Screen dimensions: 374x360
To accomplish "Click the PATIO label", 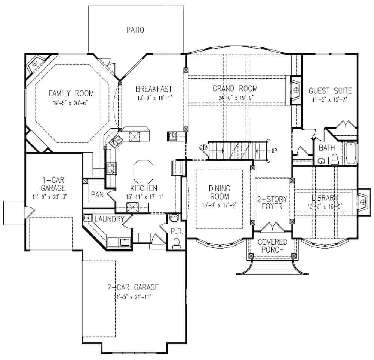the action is point(135,30).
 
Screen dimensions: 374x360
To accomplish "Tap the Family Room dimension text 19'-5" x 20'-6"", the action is point(70,103).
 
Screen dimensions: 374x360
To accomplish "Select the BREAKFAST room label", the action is point(154,89).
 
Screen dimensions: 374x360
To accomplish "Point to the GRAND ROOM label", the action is point(235,89).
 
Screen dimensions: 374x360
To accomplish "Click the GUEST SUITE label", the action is point(330,91).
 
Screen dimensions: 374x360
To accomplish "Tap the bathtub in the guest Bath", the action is point(351,153).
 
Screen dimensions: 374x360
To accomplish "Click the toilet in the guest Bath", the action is point(335,159).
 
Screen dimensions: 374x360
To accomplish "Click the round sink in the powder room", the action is point(174,218).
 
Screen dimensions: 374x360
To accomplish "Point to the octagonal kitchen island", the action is point(143,172).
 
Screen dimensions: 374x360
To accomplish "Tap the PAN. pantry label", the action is point(98,195).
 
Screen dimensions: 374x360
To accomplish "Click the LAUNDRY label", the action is point(110,219).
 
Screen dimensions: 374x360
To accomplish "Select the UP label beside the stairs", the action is point(274,151).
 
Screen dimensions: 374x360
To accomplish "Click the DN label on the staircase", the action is point(206,148).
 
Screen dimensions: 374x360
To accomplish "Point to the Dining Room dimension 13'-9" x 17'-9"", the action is point(219,205).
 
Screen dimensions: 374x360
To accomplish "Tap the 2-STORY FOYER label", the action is point(272,203).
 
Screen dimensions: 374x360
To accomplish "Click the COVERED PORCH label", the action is point(272,246).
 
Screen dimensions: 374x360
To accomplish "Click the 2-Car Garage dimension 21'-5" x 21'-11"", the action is point(133,297).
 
